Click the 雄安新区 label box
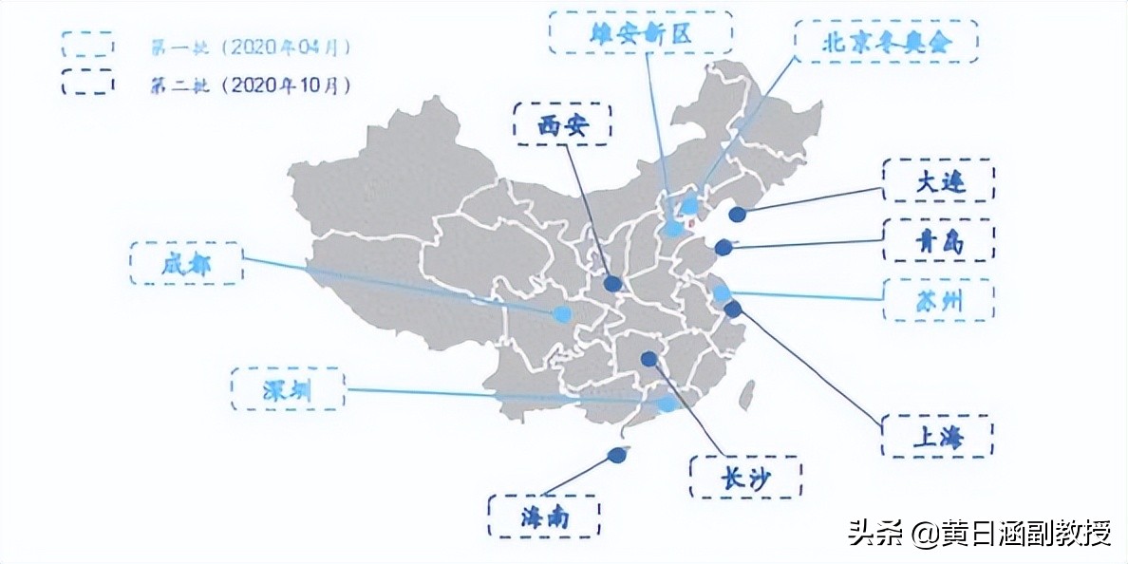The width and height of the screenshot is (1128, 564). (x=641, y=33)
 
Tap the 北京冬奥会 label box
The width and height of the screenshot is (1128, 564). (x=885, y=42)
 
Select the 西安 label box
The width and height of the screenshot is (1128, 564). (x=562, y=124)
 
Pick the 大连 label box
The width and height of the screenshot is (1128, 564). (x=938, y=181)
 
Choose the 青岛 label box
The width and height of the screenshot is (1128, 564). (x=938, y=241)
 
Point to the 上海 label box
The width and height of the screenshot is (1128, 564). (x=938, y=436)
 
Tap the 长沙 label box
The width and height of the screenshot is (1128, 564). (x=745, y=478)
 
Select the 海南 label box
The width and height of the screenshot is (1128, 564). (x=544, y=516)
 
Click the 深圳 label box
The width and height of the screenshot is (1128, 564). (x=287, y=388)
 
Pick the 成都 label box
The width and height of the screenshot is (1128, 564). (x=186, y=263)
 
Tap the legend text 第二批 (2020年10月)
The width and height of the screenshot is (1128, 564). (x=250, y=84)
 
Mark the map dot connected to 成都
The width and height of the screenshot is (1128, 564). (x=563, y=313)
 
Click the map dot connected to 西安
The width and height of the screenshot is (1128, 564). (x=613, y=283)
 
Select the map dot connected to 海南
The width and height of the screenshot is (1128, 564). (x=618, y=455)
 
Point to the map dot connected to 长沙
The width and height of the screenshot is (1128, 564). (x=649, y=359)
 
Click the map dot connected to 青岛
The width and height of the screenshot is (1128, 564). (x=724, y=247)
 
